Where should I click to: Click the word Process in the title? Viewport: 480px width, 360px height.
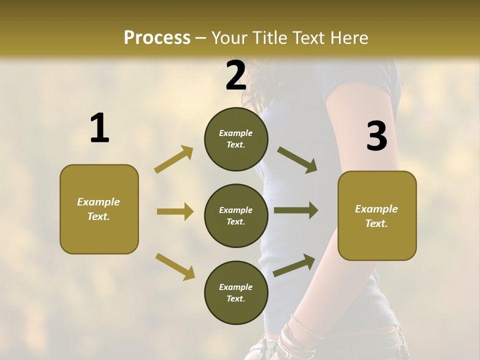pos(157,38)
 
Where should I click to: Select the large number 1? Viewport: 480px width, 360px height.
pos(99,128)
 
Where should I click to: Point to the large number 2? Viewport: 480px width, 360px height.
pos(236,75)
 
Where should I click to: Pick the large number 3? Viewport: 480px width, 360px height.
pos(376,136)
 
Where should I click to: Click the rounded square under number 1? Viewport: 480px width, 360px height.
pos(99,209)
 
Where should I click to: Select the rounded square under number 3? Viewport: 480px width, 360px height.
pos(377,215)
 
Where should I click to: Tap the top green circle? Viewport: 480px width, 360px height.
pos(236,139)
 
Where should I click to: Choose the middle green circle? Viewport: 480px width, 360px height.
pos(236,215)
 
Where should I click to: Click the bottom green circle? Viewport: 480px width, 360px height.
pos(236,292)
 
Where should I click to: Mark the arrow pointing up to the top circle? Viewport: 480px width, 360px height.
pos(174,159)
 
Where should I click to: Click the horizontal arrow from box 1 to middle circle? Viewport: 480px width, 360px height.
pos(175,211)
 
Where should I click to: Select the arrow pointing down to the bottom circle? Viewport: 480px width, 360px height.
pos(175,266)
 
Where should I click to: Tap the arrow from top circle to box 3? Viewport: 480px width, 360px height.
pos(297,159)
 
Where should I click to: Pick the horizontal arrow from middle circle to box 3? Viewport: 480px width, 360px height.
pos(296,210)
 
